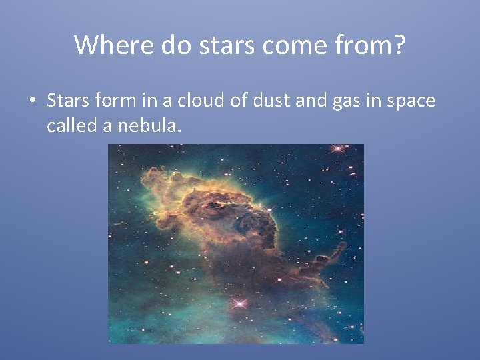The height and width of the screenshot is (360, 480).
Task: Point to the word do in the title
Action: [175, 45]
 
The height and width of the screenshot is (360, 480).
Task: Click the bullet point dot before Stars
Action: [32, 101]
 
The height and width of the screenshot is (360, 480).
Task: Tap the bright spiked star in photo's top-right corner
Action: [338, 149]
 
